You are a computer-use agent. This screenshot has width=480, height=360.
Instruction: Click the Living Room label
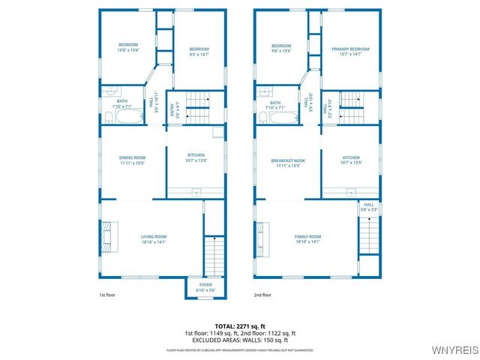tap(154, 236)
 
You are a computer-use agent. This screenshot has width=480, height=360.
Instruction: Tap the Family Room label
tap(307, 236)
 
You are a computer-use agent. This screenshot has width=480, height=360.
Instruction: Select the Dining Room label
tap(131, 157)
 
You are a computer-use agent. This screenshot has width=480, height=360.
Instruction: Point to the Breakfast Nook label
tap(288, 160)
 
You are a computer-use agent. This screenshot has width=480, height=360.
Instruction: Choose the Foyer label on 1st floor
tap(205, 285)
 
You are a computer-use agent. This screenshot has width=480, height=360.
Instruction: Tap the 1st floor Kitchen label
tap(195, 155)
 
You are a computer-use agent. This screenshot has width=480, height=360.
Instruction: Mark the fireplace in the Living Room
tap(109, 237)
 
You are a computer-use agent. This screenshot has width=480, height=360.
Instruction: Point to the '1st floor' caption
tap(108, 295)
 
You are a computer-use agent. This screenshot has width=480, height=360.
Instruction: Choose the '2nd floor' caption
tap(262, 295)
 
